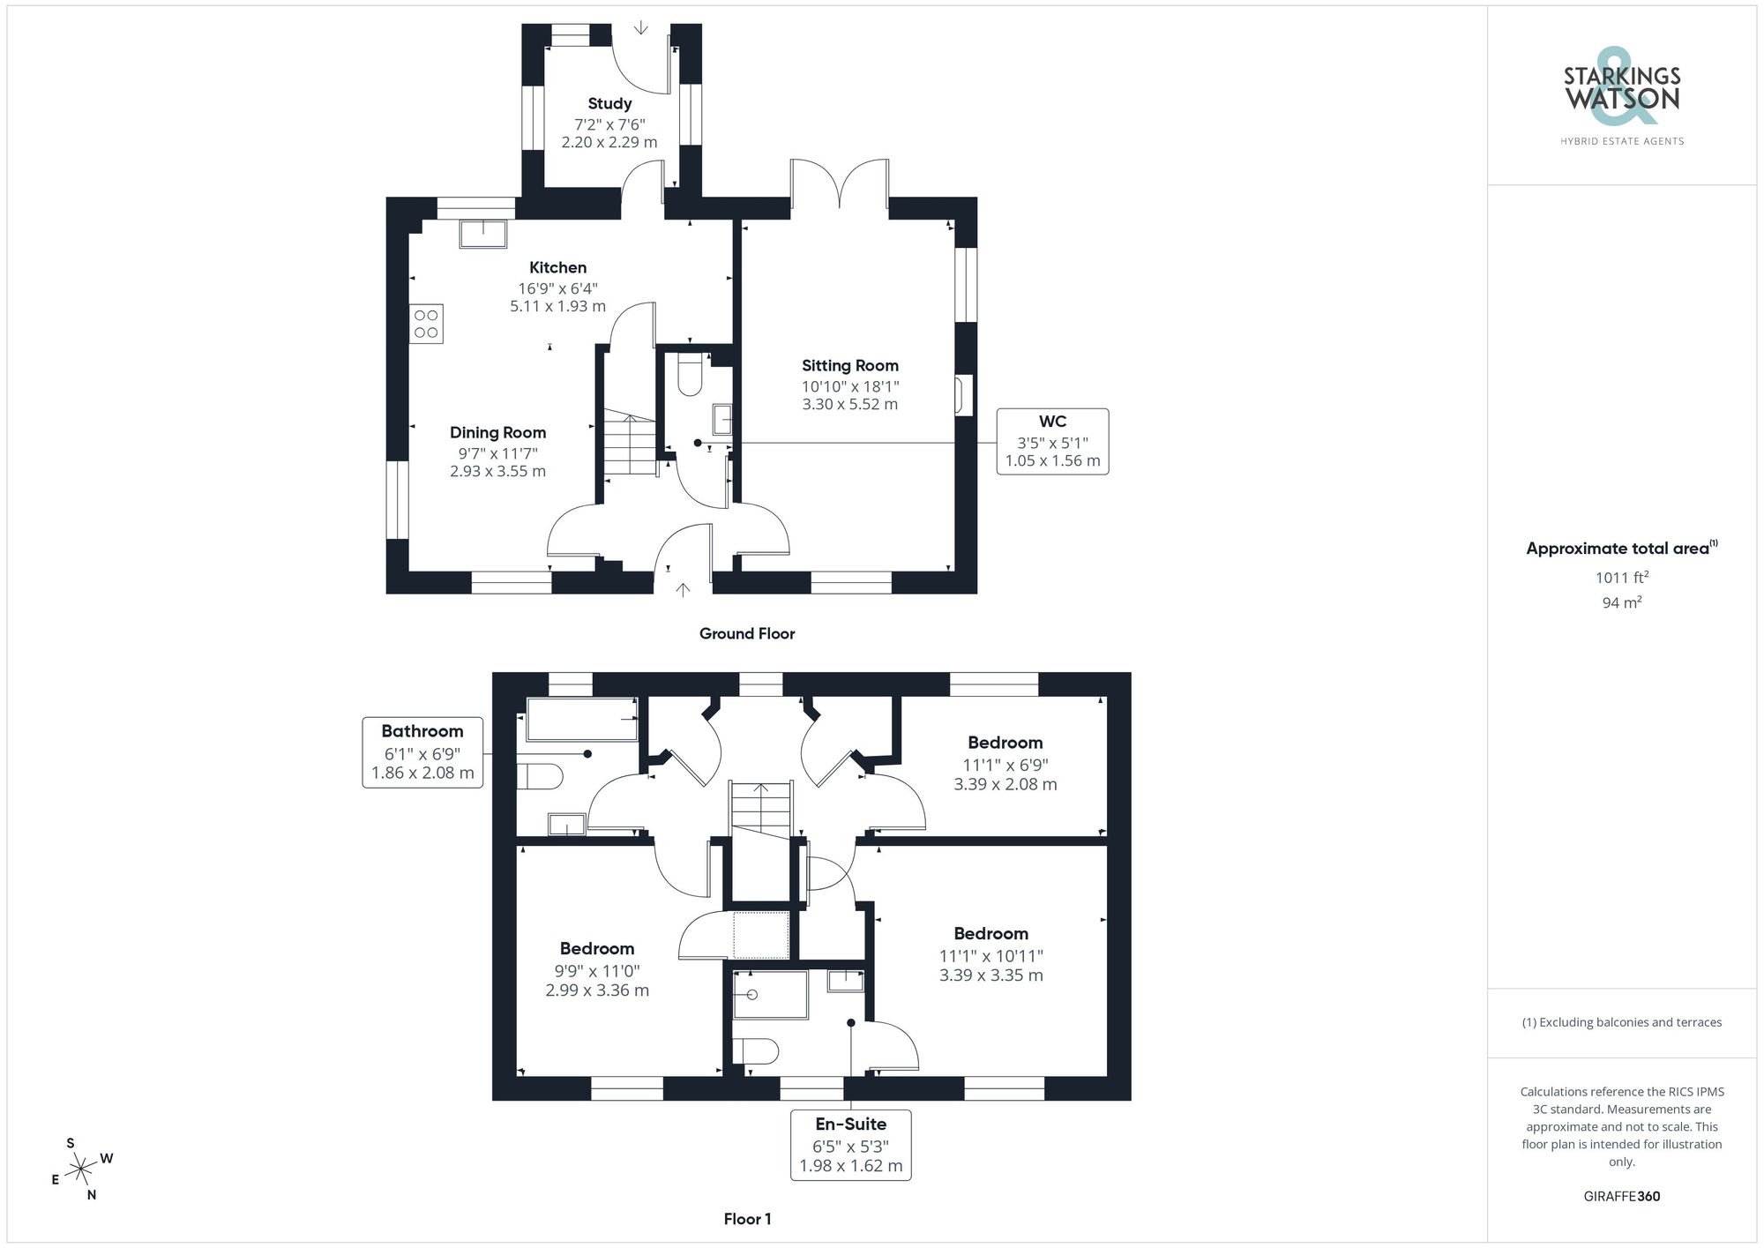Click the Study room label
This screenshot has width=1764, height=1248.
(x=609, y=104)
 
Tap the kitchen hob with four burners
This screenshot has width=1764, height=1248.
(x=426, y=324)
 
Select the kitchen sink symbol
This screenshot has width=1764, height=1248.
(x=483, y=235)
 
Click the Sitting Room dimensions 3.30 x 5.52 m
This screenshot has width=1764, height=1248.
(x=849, y=405)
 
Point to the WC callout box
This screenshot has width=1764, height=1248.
(x=1052, y=441)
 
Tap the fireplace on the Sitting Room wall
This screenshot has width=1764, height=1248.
(x=963, y=395)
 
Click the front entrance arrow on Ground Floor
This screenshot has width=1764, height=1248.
(x=683, y=589)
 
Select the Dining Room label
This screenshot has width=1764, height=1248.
(x=497, y=432)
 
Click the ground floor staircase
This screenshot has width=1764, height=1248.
(x=630, y=445)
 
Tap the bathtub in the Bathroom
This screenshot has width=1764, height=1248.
(x=582, y=720)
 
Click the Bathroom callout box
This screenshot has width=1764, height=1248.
(x=422, y=752)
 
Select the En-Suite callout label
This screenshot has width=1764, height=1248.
(x=850, y=1125)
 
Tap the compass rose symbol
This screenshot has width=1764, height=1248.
(x=81, y=1170)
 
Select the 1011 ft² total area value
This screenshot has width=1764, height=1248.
(x=1621, y=578)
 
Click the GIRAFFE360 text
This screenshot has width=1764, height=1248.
(x=1621, y=1197)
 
